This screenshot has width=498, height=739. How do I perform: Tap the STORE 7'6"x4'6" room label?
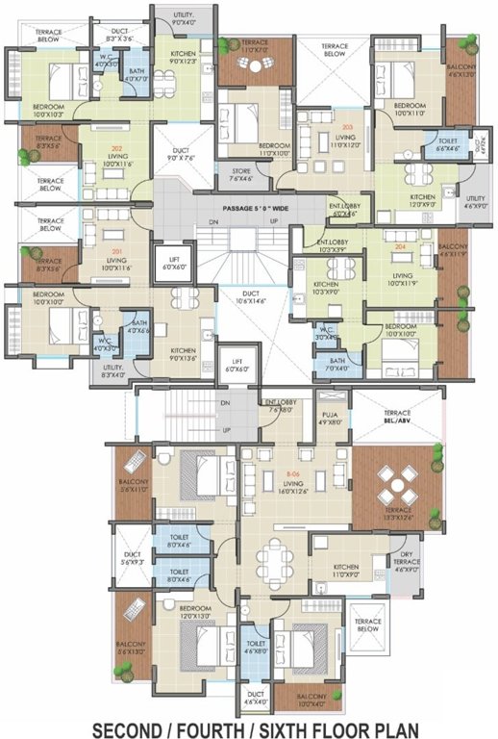click(240, 175)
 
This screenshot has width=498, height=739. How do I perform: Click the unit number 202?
click(116, 149)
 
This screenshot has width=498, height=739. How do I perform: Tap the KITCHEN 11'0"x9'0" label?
click(346, 571)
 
